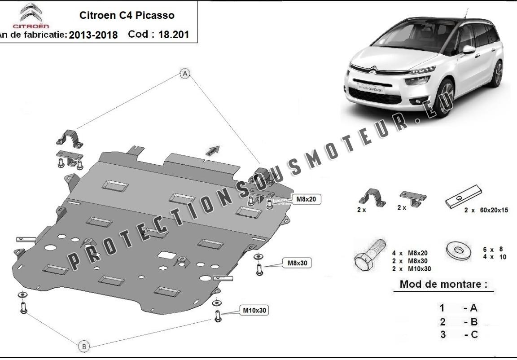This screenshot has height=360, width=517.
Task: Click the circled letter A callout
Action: (185, 74)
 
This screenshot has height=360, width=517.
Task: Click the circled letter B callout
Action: (84, 346)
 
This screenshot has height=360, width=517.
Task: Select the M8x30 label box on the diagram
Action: (297, 263)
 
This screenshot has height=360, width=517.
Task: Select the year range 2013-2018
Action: (93, 35)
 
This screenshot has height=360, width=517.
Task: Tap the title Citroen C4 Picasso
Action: (127, 15)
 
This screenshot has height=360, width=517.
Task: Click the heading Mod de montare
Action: (443, 284)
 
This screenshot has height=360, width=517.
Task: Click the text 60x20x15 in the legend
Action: (492, 210)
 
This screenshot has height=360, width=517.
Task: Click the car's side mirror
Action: (469, 49)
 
